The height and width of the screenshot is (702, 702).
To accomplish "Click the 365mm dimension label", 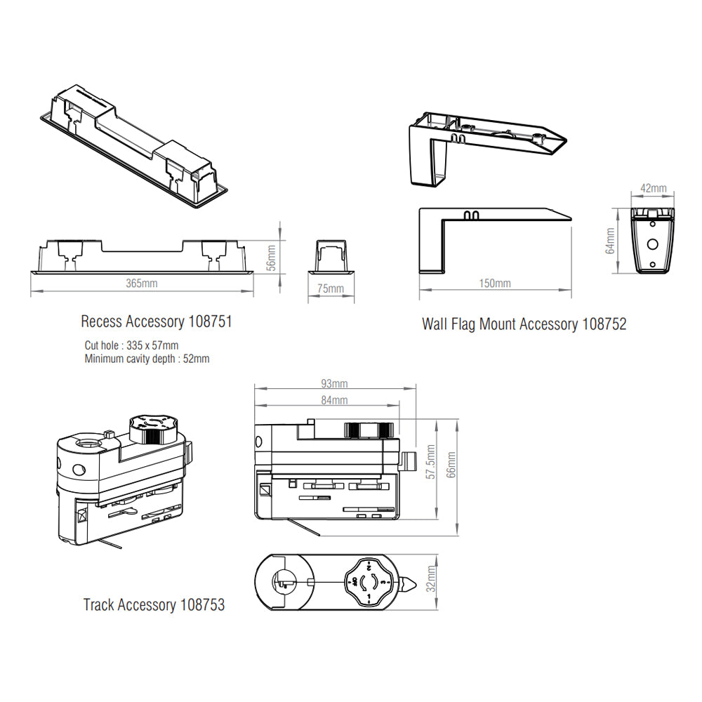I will [141, 283].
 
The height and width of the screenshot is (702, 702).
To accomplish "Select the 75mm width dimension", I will [331, 289].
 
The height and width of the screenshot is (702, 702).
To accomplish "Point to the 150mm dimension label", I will [495, 283].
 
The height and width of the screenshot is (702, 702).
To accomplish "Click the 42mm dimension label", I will [654, 188].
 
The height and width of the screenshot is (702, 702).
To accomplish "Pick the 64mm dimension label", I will [610, 240].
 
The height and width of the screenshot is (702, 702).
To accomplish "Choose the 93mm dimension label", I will [334, 384].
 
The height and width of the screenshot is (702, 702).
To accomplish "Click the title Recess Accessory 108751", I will [156, 322].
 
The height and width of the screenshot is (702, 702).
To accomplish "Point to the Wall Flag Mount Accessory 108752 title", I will [524, 324].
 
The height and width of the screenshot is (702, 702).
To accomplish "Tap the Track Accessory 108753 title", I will [154, 604].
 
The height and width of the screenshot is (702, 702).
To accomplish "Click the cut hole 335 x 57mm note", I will [131, 345].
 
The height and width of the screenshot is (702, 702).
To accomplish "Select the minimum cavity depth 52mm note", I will [147, 359].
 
